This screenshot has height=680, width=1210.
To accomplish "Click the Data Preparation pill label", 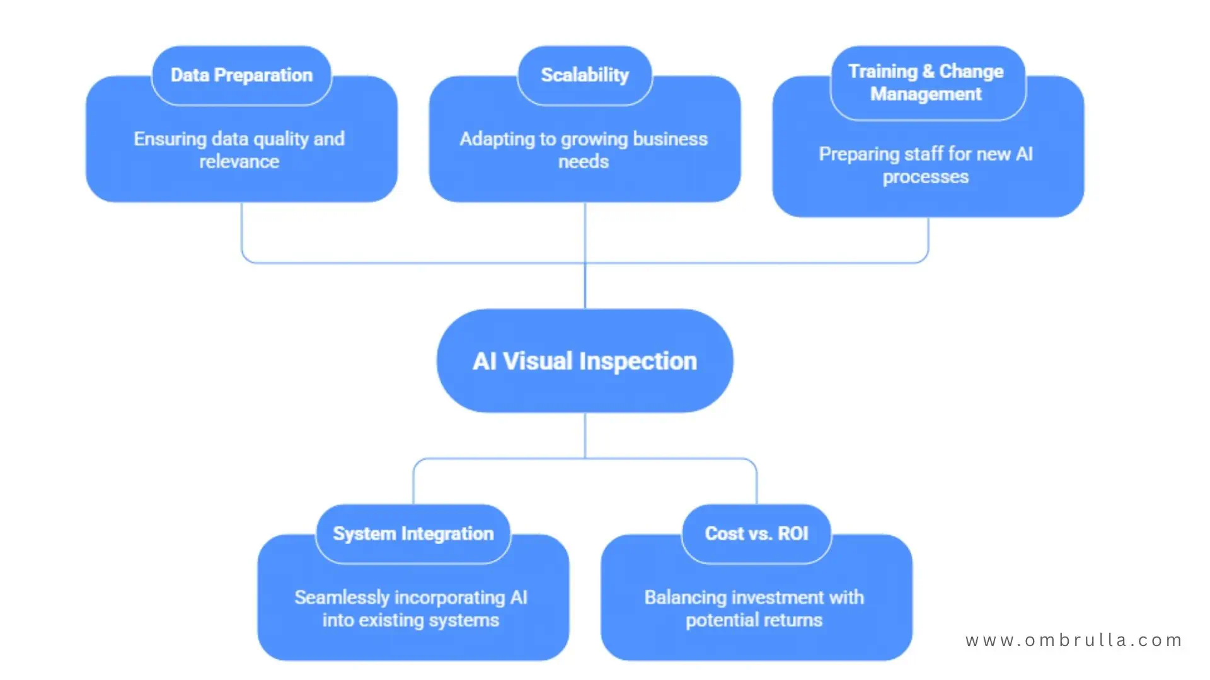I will tap(241, 75).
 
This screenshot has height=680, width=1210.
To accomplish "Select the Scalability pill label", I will tap(585, 75).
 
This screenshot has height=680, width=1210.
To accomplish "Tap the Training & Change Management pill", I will tap(926, 82).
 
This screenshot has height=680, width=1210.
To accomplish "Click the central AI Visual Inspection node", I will tap(585, 361).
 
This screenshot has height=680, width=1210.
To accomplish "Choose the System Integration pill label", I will tap(413, 533).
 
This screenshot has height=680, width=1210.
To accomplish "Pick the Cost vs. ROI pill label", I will tap(756, 533).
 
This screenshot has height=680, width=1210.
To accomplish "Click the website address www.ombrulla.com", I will tap(1074, 640).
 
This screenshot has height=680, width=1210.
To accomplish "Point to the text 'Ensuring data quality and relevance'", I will tap(239, 150).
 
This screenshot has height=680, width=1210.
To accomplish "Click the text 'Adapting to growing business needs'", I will tap(584, 150).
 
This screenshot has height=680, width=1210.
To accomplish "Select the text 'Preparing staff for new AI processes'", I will tap(926, 165).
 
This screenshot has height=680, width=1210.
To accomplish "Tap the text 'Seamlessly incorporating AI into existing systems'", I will tap(411, 608).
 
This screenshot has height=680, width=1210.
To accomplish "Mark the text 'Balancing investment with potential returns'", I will tap(754, 608).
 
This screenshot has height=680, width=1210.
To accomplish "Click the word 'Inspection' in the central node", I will tap(638, 361).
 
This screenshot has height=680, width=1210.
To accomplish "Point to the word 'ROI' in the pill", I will tap(793, 533).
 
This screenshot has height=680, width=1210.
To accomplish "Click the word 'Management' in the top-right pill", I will tap(926, 94).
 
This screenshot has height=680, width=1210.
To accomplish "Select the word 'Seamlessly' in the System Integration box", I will tap(342, 597).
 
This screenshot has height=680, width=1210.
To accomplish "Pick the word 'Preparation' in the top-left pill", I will tap(263, 75).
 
